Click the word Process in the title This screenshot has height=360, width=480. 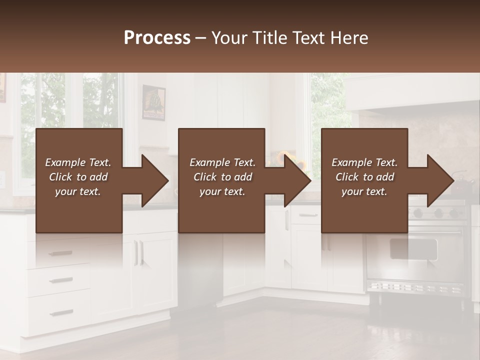tap(157, 38)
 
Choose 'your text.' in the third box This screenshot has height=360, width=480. tap(364, 191)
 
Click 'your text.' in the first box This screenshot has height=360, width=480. tap(78, 191)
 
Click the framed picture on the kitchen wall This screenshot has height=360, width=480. tap(153, 102)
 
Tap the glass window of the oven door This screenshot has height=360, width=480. tap(413, 248)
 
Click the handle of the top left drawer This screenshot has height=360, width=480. tap(61, 253)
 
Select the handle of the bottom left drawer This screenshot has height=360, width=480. tap(61, 313)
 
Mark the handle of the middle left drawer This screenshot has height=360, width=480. tap(61, 280)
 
